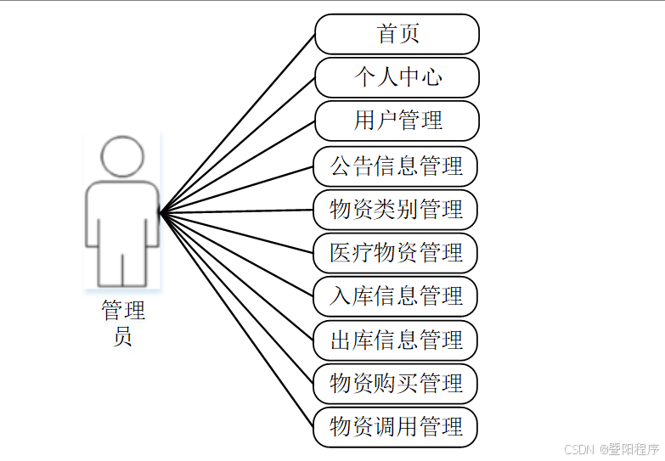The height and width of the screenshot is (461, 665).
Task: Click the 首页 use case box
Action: pos(397,34)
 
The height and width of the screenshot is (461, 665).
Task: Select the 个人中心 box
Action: pos(397,77)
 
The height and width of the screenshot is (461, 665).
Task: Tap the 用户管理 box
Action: pos(397,121)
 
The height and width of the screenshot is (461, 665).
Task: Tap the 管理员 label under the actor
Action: pos(123,323)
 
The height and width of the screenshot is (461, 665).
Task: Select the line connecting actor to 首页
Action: pos(238,122)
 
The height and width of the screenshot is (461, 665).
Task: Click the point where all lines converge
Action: pos(160,211)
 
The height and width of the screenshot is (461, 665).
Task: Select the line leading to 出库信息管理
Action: pos(238,275)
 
